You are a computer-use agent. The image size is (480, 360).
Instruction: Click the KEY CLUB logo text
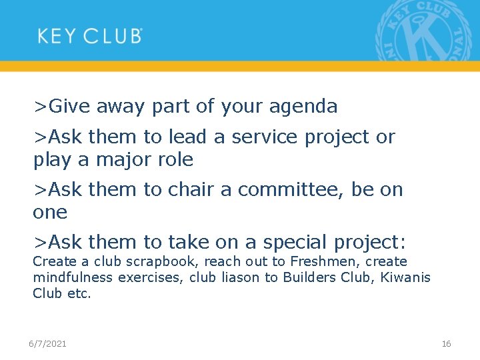89,35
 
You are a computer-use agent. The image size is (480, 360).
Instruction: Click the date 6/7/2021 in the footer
47,343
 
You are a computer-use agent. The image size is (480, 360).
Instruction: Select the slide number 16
446,343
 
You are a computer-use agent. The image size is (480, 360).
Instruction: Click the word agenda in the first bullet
305,106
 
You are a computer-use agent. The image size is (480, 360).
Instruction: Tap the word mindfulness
73,277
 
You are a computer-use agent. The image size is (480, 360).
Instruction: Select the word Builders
309,277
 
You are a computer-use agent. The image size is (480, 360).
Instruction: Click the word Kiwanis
405,277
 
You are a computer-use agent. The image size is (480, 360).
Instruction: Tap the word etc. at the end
79,293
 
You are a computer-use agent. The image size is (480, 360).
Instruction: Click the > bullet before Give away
41,106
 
